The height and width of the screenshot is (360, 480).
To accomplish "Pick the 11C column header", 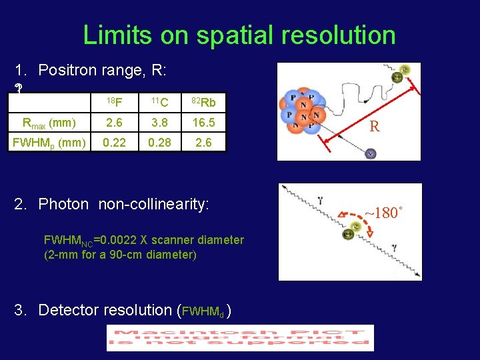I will [x=158, y=102].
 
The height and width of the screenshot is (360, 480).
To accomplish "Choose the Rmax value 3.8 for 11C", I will [x=158, y=123].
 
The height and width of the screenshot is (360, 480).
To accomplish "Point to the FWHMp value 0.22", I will [x=115, y=143].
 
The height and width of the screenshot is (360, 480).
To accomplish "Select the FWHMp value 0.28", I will [x=158, y=143].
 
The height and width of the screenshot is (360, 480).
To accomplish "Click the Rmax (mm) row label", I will [x=48, y=123].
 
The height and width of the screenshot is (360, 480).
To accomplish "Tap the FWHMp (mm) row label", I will [x=48, y=143].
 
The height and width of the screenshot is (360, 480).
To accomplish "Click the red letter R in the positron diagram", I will [x=375, y=126].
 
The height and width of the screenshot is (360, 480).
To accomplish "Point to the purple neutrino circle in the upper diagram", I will [x=371, y=154].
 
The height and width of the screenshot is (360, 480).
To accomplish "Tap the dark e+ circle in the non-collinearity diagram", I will [x=357, y=227].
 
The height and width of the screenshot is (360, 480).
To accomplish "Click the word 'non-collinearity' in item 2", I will [x=153, y=204].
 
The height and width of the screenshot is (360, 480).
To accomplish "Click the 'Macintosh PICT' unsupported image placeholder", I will [x=240, y=337].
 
